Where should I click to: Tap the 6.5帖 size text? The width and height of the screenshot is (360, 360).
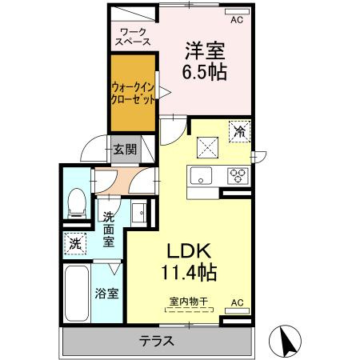pos(205,72)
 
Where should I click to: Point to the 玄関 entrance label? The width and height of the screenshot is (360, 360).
pos(124,149)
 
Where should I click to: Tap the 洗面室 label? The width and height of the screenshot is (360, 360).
pos(110,227)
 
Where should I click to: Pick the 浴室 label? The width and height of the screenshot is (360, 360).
pos(110,293)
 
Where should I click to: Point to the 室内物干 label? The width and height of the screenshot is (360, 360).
pos(188,302)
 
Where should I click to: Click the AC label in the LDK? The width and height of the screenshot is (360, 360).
pos(236,302)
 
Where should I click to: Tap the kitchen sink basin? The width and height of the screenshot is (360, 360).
pos(201,175)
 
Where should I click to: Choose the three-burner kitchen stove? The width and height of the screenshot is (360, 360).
pos(238,174)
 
